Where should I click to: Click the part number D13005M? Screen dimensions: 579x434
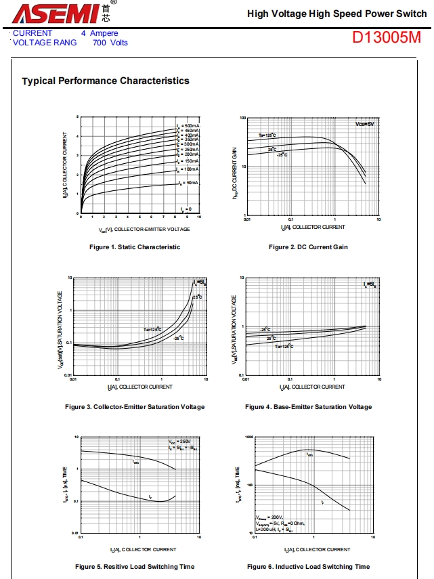tap(386, 38)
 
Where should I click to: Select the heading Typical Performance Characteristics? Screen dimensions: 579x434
tap(106, 81)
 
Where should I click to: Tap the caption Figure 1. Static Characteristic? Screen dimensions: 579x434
tap(135, 247)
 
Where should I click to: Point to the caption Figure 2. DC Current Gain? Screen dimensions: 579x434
tap(308, 247)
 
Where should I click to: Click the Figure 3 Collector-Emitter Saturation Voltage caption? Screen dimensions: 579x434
tap(135, 407)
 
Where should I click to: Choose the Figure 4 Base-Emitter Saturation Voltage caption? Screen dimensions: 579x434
tap(308, 407)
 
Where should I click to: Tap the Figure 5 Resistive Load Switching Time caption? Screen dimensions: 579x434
tap(135, 567)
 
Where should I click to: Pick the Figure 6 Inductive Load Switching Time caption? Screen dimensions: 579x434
tap(308, 567)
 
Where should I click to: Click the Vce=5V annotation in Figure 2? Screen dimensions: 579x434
tap(364, 125)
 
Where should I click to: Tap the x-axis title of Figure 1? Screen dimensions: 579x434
tap(140, 230)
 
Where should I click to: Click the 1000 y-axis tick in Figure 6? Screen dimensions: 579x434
tap(247, 437)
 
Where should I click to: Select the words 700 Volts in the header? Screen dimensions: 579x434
tap(110, 43)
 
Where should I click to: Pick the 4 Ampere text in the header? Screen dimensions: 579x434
tap(100, 33)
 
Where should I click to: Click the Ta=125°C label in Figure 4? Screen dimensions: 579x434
tap(284, 346)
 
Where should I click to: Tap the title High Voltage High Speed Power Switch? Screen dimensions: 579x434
tap(337, 14)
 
